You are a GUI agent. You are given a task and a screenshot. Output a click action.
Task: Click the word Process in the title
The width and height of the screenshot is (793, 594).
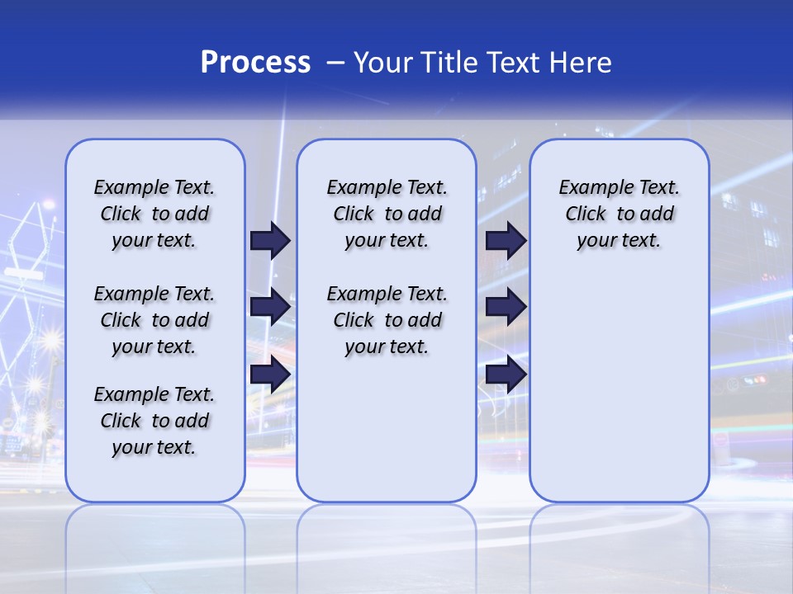[255, 63]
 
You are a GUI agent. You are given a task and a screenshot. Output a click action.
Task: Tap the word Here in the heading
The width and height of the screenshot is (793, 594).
[582, 63]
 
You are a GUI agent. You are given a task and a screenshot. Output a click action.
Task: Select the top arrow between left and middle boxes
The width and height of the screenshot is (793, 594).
[270, 240]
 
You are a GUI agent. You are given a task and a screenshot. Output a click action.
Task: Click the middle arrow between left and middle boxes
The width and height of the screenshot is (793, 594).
[270, 308]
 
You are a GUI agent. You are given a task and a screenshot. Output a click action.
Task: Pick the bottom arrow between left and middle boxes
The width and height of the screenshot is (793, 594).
[270, 375]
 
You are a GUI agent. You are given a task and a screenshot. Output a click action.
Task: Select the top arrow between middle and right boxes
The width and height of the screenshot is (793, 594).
[506, 240]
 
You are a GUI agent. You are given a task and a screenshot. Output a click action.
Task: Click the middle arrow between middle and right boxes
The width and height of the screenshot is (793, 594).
[506, 308]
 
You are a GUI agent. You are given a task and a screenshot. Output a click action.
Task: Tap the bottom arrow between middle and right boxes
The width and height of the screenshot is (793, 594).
[506, 375]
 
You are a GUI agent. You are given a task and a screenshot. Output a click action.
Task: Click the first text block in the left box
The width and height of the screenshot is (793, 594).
[154, 214]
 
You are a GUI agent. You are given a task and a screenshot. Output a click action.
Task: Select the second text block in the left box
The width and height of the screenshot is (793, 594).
[154, 320]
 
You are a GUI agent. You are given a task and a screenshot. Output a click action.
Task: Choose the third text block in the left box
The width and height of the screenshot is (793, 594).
[154, 421]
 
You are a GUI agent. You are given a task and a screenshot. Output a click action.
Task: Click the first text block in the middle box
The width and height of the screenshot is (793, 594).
[387, 214]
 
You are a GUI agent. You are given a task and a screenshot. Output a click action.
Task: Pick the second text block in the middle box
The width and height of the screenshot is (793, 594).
[387, 320]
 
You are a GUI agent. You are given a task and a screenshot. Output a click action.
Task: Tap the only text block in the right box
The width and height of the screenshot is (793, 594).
[619, 214]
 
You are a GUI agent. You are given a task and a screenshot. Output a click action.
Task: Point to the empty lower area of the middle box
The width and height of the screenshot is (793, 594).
[387, 429]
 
